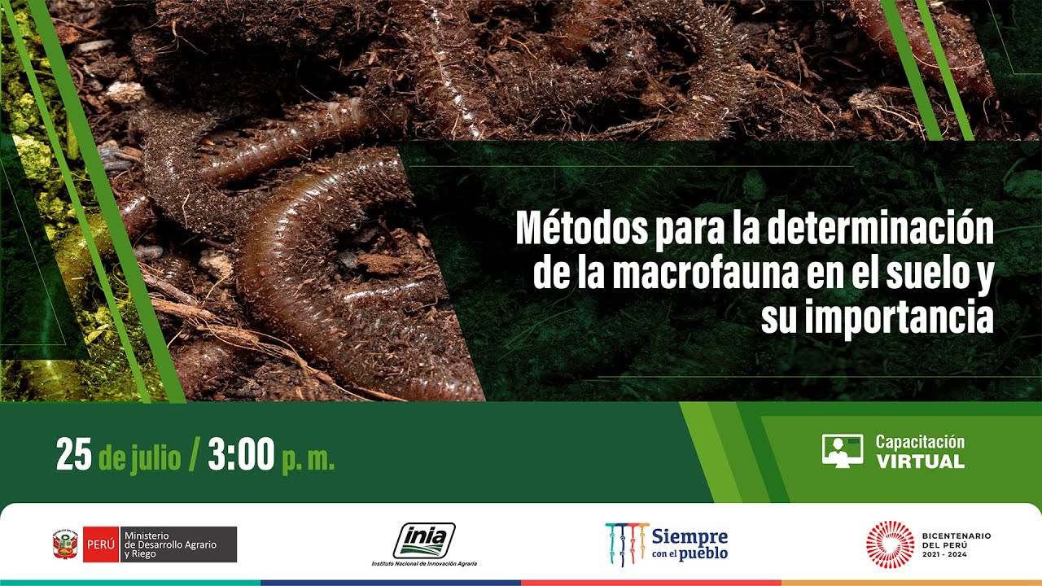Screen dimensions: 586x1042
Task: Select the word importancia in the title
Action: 900,318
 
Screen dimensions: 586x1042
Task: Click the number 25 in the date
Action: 73,456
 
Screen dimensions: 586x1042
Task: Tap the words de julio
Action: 139,458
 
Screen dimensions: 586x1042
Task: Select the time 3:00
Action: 241,456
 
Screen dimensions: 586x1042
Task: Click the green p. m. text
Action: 309,460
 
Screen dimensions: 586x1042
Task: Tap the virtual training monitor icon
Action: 842,450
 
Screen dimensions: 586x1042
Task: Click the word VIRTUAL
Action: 920,461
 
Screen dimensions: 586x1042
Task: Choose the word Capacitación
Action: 920,442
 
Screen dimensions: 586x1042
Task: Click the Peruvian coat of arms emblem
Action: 64,544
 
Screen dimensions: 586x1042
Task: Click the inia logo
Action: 424,540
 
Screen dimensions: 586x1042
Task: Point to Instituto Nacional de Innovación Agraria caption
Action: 424,563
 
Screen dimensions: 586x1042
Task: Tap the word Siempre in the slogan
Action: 689,536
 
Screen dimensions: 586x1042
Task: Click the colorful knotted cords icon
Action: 626,544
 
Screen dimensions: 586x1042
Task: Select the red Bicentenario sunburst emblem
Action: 890,544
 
